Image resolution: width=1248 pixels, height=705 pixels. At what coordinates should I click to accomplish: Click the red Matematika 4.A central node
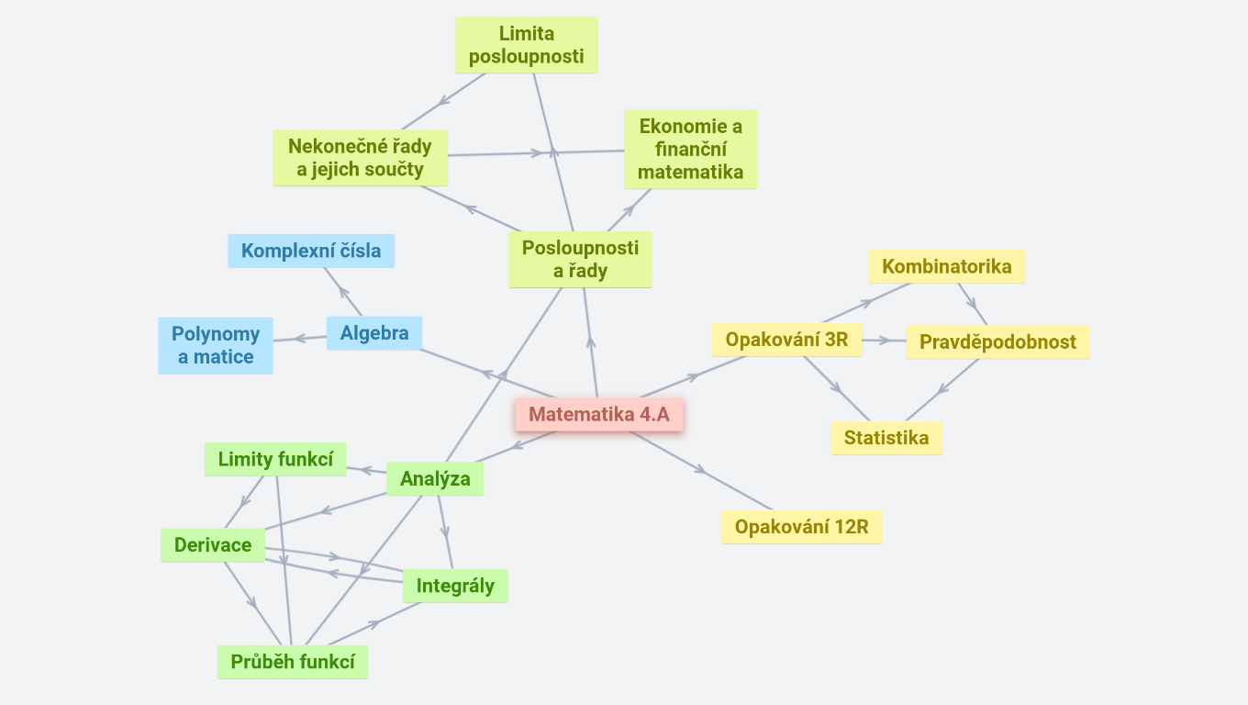[x=599, y=415]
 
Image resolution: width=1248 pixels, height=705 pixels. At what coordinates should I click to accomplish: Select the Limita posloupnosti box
[x=526, y=46]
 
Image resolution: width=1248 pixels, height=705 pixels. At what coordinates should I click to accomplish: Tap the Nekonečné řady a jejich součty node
[x=360, y=158]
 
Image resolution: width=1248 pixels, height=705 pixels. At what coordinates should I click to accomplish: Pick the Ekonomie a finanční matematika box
[x=690, y=149]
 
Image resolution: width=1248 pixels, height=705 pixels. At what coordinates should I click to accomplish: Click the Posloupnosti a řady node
[x=580, y=260]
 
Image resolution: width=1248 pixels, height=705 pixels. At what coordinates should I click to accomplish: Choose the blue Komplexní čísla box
[x=311, y=251]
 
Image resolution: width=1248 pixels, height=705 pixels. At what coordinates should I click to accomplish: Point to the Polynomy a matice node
[x=216, y=345]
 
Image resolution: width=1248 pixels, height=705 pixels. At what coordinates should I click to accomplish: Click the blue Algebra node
[x=374, y=333]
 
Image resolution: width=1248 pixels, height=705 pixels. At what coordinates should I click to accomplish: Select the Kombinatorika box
[x=947, y=267]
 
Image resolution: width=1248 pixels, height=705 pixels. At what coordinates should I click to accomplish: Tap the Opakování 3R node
[x=786, y=340]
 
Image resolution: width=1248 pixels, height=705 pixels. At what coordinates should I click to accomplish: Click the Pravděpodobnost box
[x=997, y=342]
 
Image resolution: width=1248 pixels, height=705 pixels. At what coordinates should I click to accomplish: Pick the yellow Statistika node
[x=886, y=438]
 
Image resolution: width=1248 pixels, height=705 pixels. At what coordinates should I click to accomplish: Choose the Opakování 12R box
[x=801, y=528]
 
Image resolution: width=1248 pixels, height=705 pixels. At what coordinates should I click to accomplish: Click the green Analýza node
[x=435, y=478]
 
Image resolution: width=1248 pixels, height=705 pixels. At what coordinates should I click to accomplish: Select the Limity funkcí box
[x=275, y=459]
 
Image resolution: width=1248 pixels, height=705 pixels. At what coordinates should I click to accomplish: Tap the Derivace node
[x=213, y=545]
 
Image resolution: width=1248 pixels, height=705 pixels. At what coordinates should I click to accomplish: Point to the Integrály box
[x=455, y=586]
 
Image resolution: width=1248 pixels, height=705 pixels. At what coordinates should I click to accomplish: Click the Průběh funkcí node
[x=293, y=663]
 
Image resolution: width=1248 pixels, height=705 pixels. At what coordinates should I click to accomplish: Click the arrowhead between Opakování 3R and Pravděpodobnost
[x=884, y=341]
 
